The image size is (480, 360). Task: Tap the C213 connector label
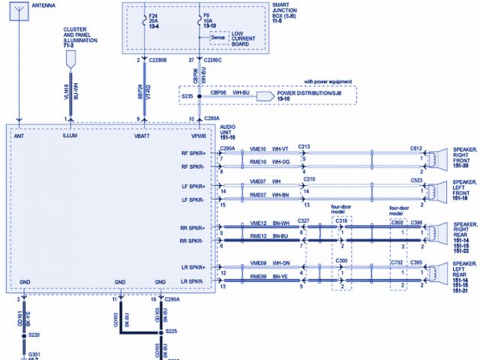coord(304,147)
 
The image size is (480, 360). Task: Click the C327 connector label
coord(304,220)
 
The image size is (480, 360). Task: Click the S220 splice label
coord(34,334)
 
